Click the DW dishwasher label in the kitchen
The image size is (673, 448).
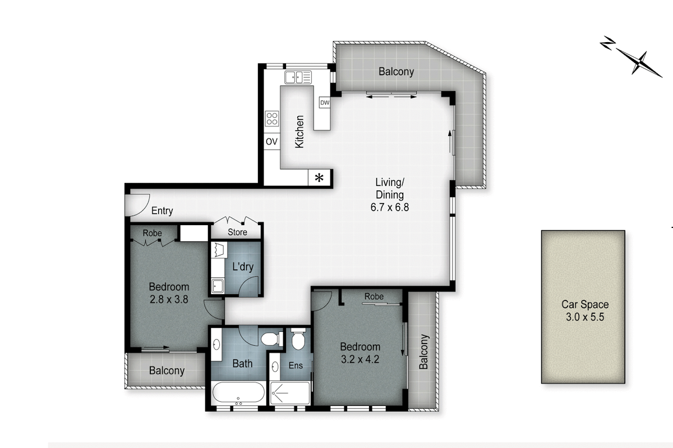[325, 103]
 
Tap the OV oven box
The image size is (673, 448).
[272, 141]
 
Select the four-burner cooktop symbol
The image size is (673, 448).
[272, 118]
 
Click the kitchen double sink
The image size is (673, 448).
[298, 77]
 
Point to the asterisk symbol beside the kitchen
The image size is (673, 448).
[319, 178]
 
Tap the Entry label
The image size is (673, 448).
[162, 211]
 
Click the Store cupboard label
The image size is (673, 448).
[237, 232]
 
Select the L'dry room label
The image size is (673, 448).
[243, 267]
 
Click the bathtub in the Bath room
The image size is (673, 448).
[238, 392]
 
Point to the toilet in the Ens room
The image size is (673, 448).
[298, 339]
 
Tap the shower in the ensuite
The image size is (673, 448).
[290, 392]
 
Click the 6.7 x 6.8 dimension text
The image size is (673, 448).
[389, 207]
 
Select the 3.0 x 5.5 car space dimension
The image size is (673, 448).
[584, 317]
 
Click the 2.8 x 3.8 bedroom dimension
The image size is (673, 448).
[169, 299]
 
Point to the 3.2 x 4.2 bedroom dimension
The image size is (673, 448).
[360, 359]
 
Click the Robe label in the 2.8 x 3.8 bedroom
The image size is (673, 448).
[152, 233]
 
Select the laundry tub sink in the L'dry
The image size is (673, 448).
[217, 286]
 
